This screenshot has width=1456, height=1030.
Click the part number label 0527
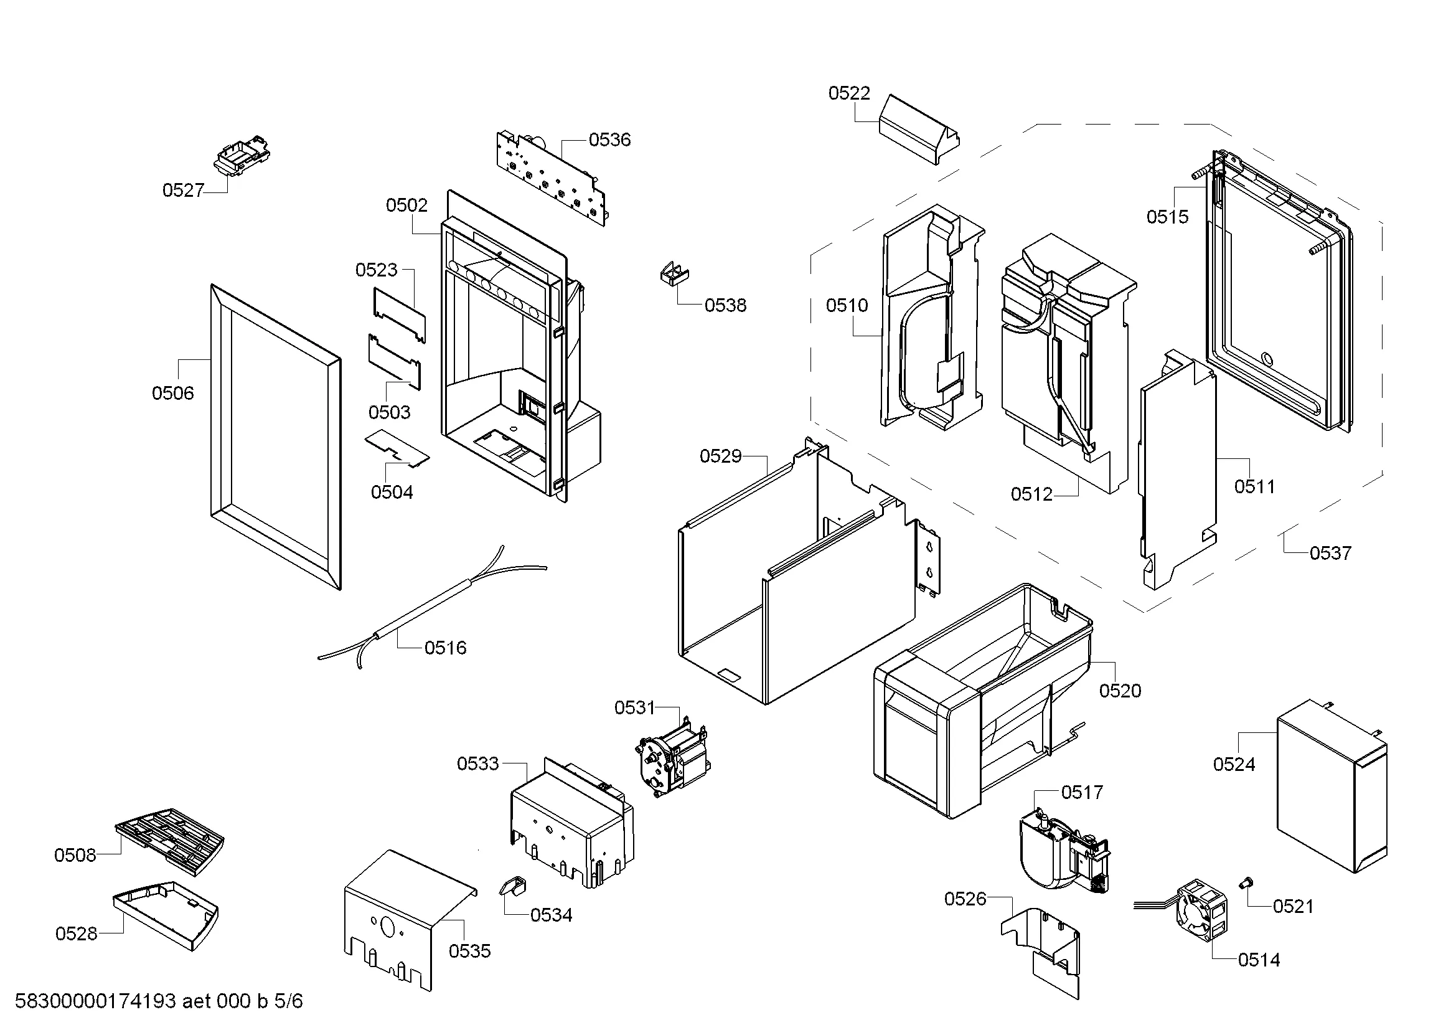click(x=182, y=191)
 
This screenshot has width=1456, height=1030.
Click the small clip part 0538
click(x=674, y=274)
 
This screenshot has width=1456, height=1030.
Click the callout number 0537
click(x=1330, y=553)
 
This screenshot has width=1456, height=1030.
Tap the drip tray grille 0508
click(x=170, y=839)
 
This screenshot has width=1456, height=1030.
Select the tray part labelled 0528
click(x=166, y=914)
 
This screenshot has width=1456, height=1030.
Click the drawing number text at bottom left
click(x=159, y=1001)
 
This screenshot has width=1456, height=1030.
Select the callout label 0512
click(x=1031, y=494)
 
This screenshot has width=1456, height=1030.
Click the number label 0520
click(x=1120, y=691)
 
